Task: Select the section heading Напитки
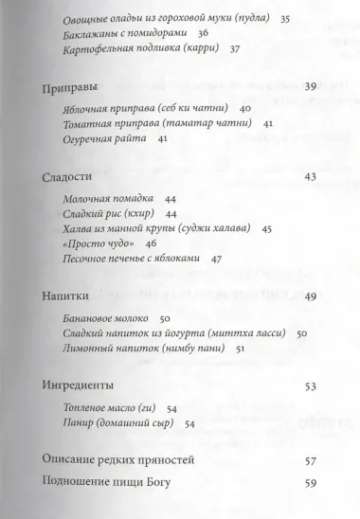point(67,297)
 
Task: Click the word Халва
point(82,228)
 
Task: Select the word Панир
point(81,423)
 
